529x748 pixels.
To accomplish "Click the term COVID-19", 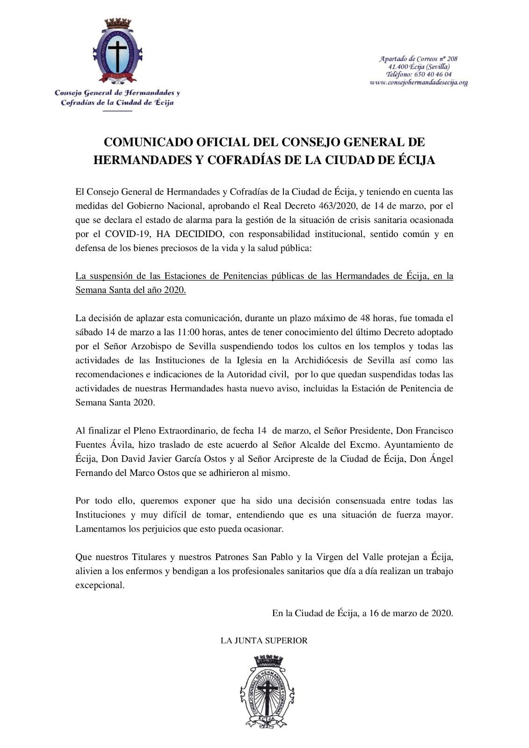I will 118,235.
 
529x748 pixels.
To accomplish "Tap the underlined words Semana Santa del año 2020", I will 130,290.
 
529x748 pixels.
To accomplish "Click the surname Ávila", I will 123,445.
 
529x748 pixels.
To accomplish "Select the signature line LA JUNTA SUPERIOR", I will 264,641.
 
